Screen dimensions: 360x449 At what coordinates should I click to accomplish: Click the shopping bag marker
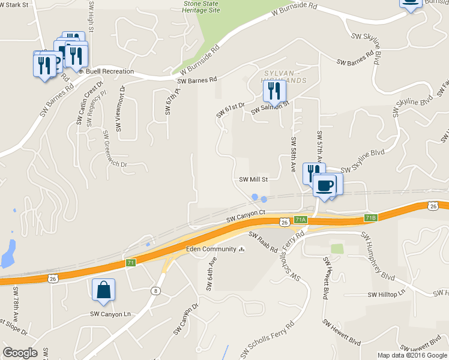(104, 290)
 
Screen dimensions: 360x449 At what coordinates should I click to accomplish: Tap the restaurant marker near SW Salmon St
(274, 91)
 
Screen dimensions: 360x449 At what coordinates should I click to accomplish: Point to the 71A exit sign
(301, 220)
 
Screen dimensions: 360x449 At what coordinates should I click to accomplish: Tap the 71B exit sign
(370, 218)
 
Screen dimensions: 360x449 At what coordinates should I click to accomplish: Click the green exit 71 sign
(130, 263)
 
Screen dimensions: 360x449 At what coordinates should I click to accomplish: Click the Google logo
(20, 353)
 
